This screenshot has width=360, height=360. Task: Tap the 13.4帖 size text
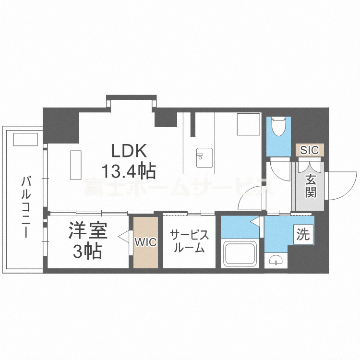coord(128,169)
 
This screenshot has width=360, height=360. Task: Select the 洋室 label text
coord(87,231)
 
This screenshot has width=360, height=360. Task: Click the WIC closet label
coord(145,242)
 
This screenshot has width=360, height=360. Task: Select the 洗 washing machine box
coord(303,235)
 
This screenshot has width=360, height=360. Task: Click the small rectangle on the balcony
coord(25,140)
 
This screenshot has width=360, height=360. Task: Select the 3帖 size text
coord(87,251)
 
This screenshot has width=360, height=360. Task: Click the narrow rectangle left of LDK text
coord(76,165)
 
